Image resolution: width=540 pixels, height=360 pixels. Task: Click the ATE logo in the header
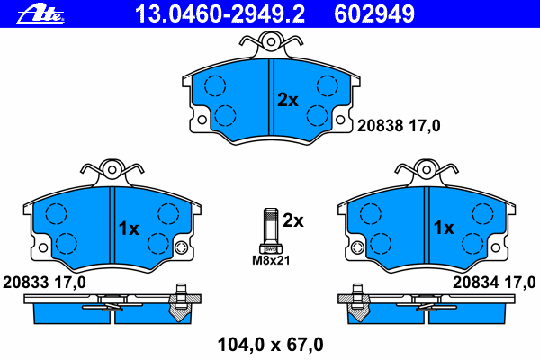pos(40,14)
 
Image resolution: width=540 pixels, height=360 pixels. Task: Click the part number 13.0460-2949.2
pos(220,14)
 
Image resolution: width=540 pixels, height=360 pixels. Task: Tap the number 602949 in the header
pos(374,14)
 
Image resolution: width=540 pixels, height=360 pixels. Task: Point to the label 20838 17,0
pos(399,126)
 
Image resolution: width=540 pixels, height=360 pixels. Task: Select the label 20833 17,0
pos(44,283)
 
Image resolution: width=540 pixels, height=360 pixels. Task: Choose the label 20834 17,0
pos(494,283)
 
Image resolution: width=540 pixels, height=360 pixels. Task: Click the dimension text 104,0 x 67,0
pos(271,345)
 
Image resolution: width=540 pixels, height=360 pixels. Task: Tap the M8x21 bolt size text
pos(271,260)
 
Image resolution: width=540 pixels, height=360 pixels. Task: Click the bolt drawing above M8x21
pos(271,230)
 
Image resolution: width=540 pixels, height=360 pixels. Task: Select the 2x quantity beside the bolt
pos(293,220)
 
